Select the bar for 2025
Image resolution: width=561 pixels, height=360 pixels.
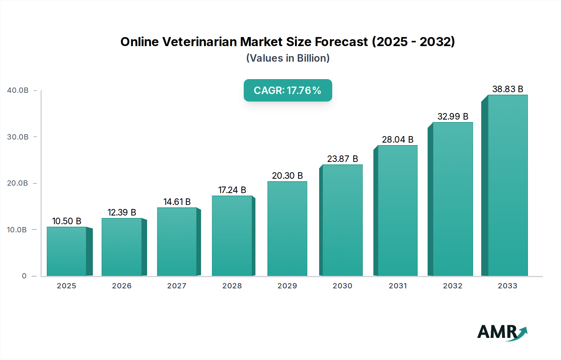coord(66,251)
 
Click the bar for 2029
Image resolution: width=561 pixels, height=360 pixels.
coord(287,229)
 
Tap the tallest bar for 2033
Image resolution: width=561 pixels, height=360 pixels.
coord(508,185)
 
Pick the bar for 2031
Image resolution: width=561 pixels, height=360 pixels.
coord(397,211)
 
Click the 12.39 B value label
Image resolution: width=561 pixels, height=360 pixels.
coord(122,212)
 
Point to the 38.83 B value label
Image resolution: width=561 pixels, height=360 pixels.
coord(508,89)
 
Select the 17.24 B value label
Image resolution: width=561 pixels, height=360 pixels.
coord(232,190)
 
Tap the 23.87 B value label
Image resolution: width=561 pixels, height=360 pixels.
coord(343,159)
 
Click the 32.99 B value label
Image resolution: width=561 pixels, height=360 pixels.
coord(453,116)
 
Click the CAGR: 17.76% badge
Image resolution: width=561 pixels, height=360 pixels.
coord(288,90)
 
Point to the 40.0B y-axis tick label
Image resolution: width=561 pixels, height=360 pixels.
coord(18,90)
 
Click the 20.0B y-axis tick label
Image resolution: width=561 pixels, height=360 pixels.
coord(18,183)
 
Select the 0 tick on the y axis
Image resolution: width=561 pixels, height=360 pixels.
coord(24,276)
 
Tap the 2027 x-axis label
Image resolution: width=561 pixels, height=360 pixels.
coord(177,286)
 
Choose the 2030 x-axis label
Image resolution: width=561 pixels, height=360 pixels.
coord(343,286)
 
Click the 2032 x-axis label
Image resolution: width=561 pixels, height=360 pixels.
coord(453,286)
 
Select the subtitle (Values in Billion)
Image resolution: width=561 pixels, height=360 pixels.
coord(288,58)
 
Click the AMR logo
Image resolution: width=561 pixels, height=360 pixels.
coord(502,332)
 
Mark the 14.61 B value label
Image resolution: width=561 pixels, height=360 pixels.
coord(177,202)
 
